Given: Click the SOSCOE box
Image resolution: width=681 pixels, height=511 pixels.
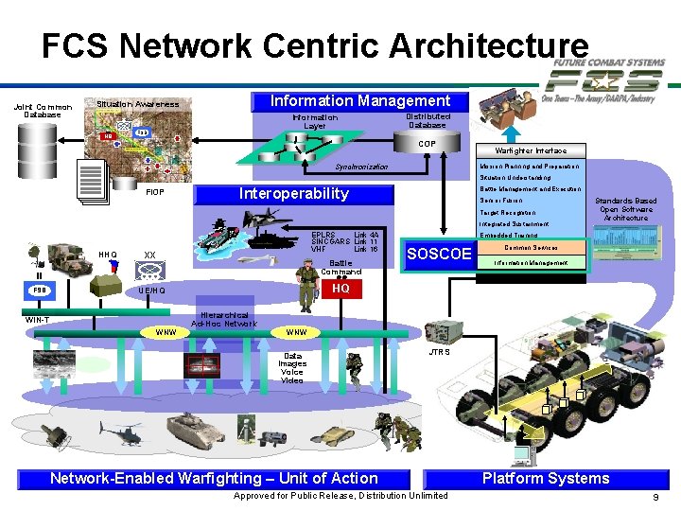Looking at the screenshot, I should (439, 254).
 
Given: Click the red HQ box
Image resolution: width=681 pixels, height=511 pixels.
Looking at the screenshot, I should (340, 288).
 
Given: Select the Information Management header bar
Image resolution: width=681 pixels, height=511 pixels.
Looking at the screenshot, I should (360, 100).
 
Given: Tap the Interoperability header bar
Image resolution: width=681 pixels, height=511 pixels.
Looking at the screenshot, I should (292, 194).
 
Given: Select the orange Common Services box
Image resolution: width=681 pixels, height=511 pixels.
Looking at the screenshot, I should (530, 247).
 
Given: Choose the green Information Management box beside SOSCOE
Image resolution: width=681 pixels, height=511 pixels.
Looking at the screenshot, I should (529, 262).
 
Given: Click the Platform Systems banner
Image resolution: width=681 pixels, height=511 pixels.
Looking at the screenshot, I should (546, 479).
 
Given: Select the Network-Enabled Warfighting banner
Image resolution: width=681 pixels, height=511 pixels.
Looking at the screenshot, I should (214, 479).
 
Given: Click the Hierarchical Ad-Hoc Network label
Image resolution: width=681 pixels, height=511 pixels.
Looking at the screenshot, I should (223, 319).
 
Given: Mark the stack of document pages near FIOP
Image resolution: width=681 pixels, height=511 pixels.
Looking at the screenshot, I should (94, 181).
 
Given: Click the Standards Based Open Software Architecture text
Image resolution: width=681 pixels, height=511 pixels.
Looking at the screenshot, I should (625, 209).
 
